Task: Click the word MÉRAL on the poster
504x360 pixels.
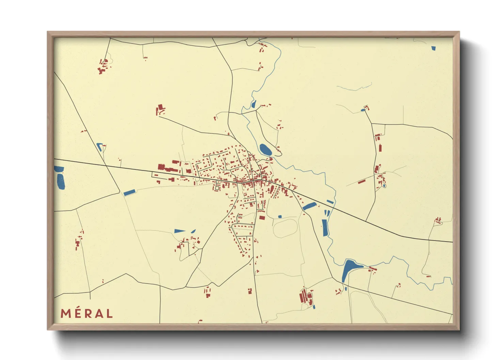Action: pyautogui.click(x=86, y=313)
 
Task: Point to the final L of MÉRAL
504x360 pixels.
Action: pyautogui.click(x=109, y=314)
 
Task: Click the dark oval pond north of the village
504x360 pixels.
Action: pyautogui.click(x=265, y=149)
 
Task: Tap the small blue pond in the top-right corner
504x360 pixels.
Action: pyautogui.click(x=433, y=48)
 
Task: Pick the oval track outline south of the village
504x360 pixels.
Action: pyautogui.click(x=285, y=228)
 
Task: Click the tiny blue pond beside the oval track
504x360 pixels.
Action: pyautogui.click(x=280, y=216)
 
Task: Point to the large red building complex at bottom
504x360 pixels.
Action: pyautogui.click(x=305, y=296)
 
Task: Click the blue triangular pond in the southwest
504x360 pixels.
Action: pyautogui.click(x=179, y=231)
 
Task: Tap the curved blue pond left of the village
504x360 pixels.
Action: pyautogui.click(x=99, y=147)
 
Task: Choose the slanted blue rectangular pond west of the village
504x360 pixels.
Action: pyautogui.click(x=129, y=193)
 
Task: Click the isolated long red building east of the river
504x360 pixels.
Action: pyautogui.click(x=362, y=181)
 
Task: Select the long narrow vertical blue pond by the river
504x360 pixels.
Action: pyautogui.click(x=324, y=228)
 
